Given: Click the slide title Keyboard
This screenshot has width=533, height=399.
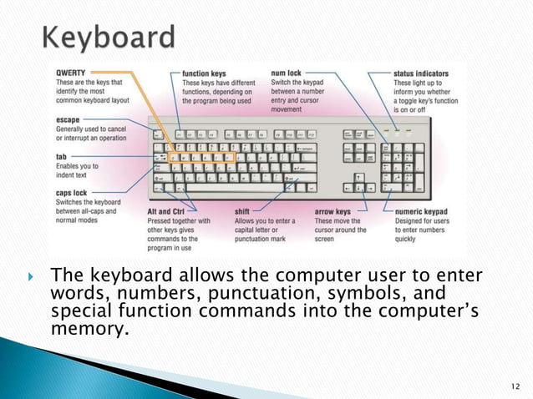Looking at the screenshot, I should tap(108, 38).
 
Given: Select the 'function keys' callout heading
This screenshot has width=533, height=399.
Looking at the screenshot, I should tap(206, 73).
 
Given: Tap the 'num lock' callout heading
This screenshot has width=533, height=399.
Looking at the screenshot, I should tap(287, 73).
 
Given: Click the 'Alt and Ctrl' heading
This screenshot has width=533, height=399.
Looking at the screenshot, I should tap(159, 212).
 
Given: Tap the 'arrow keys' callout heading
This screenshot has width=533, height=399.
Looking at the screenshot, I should tap(332, 212).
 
